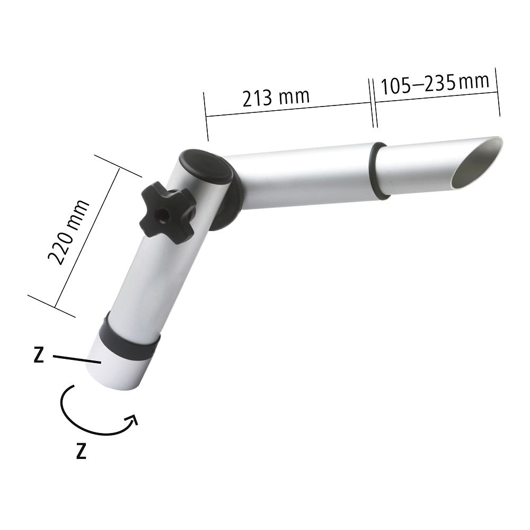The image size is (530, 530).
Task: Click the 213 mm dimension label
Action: pos(276,98)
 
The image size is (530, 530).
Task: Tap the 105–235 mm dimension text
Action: pos(435,83)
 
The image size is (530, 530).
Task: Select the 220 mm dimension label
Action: pos(68,232)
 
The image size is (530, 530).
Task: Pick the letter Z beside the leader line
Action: pos(39,355)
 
